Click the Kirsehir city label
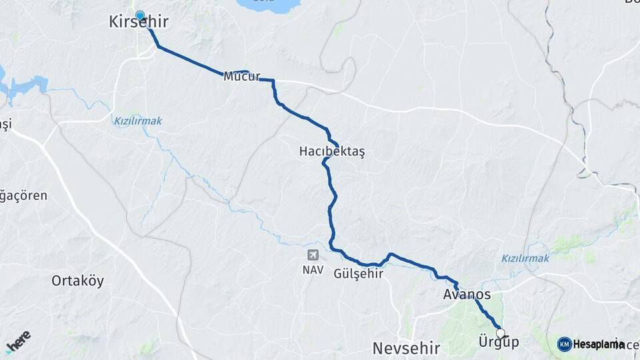(139, 23)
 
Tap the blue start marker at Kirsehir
(140, 15)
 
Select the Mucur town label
(241, 76)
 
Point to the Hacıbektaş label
(332, 152)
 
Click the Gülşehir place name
(359, 273)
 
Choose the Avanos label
(467, 295)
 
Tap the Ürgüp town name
(499, 342)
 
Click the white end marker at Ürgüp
(500, 333)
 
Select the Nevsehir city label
(406, 347)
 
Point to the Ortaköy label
(78, 281)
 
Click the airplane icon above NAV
(313, 255)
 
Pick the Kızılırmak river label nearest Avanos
(525, 258)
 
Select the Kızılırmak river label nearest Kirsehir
(138, 121)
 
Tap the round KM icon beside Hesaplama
(564, 344)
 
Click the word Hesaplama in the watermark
(599, 344)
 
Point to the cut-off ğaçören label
(23, 196)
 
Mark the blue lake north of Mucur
(267, 5)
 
